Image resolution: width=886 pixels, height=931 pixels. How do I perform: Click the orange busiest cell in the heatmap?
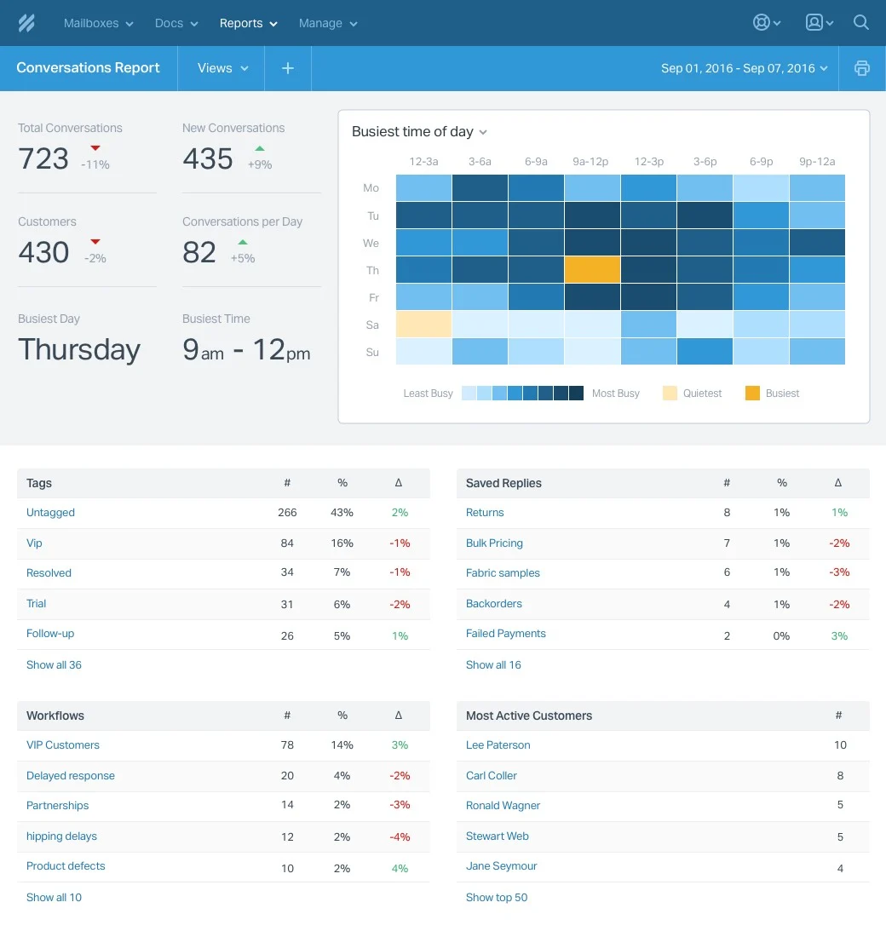click(592, 270)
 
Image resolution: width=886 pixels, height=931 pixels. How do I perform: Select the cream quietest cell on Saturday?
click(423, 325)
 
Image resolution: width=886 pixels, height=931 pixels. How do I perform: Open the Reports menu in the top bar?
click(248, 23)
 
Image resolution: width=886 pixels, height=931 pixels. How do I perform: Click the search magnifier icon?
click(861, 23)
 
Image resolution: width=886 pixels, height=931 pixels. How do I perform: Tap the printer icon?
click(862, 68)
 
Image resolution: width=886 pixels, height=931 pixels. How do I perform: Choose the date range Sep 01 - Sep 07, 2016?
click(744, 68)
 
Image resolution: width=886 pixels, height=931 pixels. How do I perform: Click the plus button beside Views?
click(288, 68)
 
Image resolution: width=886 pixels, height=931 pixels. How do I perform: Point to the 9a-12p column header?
click(590, 161)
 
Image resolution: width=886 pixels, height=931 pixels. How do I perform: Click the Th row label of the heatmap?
click(371, 270)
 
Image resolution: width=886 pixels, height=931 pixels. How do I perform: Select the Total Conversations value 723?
click(43, 158)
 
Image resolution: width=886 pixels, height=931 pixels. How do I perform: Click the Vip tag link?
click(34, 543)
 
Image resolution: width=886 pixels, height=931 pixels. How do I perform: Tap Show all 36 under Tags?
click(54, 664)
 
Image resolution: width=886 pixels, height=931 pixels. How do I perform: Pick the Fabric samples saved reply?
click(503, 572)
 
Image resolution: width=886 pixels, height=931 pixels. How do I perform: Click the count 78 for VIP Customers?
click(287, 744)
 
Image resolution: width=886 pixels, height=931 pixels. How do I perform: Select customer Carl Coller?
click(492, 775)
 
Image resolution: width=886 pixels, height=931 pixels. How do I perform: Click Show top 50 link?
click(497, 897)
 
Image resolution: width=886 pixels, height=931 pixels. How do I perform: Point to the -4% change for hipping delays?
click(400, 836)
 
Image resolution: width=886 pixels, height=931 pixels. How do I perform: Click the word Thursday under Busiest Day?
click(79, 349)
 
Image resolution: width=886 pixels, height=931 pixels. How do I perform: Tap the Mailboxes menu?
click(98, 23)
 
